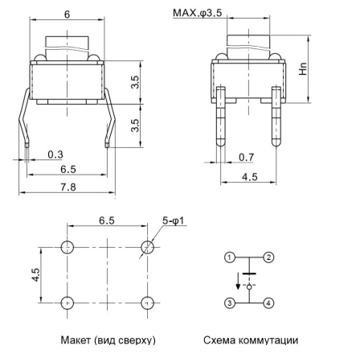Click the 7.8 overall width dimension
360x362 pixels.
tap(67, 187)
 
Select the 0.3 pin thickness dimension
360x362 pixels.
tap(55, 154)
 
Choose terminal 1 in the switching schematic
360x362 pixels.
tap(230, 258)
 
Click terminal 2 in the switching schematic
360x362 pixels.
tap(269, 258)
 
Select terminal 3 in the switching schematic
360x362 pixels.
tap(230, 302)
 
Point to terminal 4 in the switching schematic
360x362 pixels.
tap(269, 302)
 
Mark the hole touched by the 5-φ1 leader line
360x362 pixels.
tap(147, 246)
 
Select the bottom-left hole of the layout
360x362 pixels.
tap(67, 302)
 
